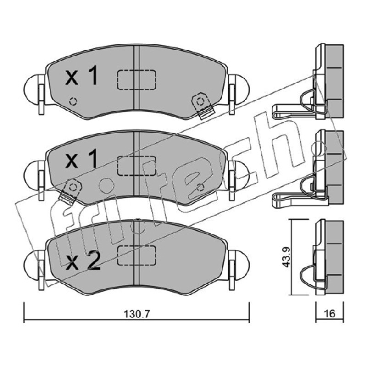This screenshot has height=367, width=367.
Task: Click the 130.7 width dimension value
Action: point(136,314)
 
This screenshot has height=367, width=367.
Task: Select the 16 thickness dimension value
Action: point(329,314)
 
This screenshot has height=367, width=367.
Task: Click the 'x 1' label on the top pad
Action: point(82,75)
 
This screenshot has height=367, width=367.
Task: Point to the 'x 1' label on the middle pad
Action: point(82,159)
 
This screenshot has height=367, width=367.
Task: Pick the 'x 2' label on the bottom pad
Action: point(83,261)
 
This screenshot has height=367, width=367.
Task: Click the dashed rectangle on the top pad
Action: point(137,79)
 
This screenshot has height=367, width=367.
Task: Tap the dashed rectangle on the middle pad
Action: point(137,166)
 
